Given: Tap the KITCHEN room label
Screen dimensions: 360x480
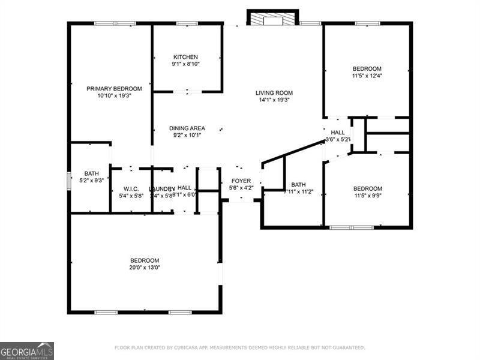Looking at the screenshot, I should [185, 57].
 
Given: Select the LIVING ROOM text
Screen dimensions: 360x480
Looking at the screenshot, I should [274, 92].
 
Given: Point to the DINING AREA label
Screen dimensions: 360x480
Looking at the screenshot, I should [187, 128].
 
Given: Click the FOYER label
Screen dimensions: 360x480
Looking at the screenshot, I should [241, 181].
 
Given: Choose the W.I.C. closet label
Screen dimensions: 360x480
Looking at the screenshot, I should [131, 188].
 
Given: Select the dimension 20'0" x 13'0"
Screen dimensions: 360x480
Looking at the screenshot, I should [145, 268].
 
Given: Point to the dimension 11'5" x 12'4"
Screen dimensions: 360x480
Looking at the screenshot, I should [367, 76].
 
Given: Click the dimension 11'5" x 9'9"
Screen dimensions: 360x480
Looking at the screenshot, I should [367, 196].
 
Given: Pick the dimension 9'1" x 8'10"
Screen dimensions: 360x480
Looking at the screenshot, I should [185, 64].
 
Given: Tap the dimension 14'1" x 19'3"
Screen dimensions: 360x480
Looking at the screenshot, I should [274, 100].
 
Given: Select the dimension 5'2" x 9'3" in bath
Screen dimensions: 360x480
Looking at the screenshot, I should [92, 180].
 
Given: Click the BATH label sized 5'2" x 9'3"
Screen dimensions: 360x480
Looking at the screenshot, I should [92, 173].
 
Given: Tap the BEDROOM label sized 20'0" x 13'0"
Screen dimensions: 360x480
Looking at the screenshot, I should [145, 260].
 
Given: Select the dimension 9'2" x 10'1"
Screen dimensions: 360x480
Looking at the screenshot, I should [187, 135].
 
